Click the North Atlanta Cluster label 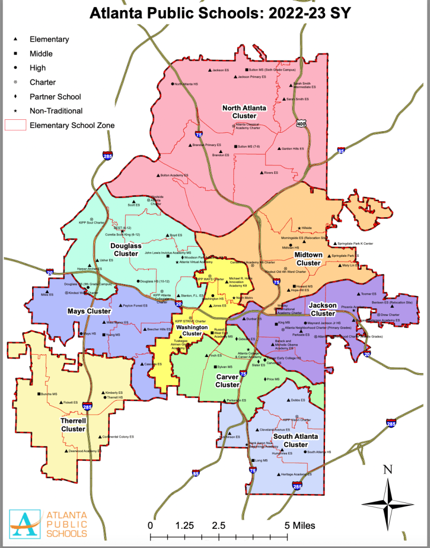(x=244, y=112)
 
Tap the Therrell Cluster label (x=73, y=425)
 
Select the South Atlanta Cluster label (x=295, y=440)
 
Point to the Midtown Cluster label (x=308, y=259)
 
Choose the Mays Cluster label (x=89, y=311)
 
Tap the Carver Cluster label (x=227, y=380)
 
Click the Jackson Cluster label (x=323, y=309)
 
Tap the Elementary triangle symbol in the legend (x=16, y=39)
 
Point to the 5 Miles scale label (x=300, y=525)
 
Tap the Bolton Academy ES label (x=175, y=176)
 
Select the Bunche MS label (x=49, y=394)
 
